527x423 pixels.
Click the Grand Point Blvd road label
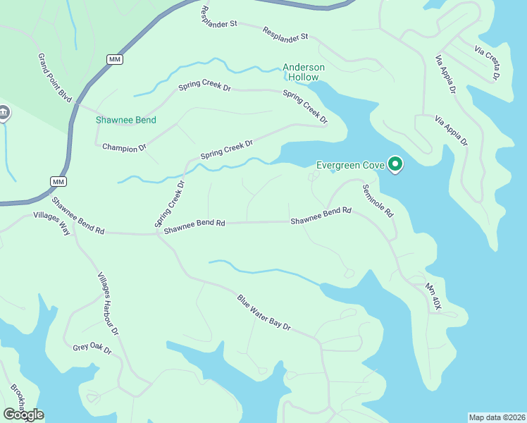pos(55,77)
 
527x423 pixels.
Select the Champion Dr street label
pos(124,147)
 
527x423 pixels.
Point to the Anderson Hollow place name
pos(304,72)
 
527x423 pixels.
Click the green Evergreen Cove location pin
pos(395,165)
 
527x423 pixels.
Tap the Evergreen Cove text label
pos(349,165)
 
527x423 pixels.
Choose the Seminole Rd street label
pos(378,201)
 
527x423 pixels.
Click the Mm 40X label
pos(433,298)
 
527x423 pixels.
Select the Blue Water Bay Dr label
pos(263,313)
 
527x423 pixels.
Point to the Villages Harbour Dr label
pos(108,303)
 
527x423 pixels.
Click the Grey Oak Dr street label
pos(92,348)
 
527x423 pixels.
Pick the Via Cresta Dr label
pos(488,63)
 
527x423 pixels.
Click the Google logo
pos(23,415)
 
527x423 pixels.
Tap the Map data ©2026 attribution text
pos(497,417)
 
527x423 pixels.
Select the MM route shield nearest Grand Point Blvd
pos(115,59)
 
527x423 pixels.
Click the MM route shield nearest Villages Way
pos(58,182)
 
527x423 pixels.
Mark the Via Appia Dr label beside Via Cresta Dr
pos(446,80)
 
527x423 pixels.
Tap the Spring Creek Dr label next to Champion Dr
pos(226,149)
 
